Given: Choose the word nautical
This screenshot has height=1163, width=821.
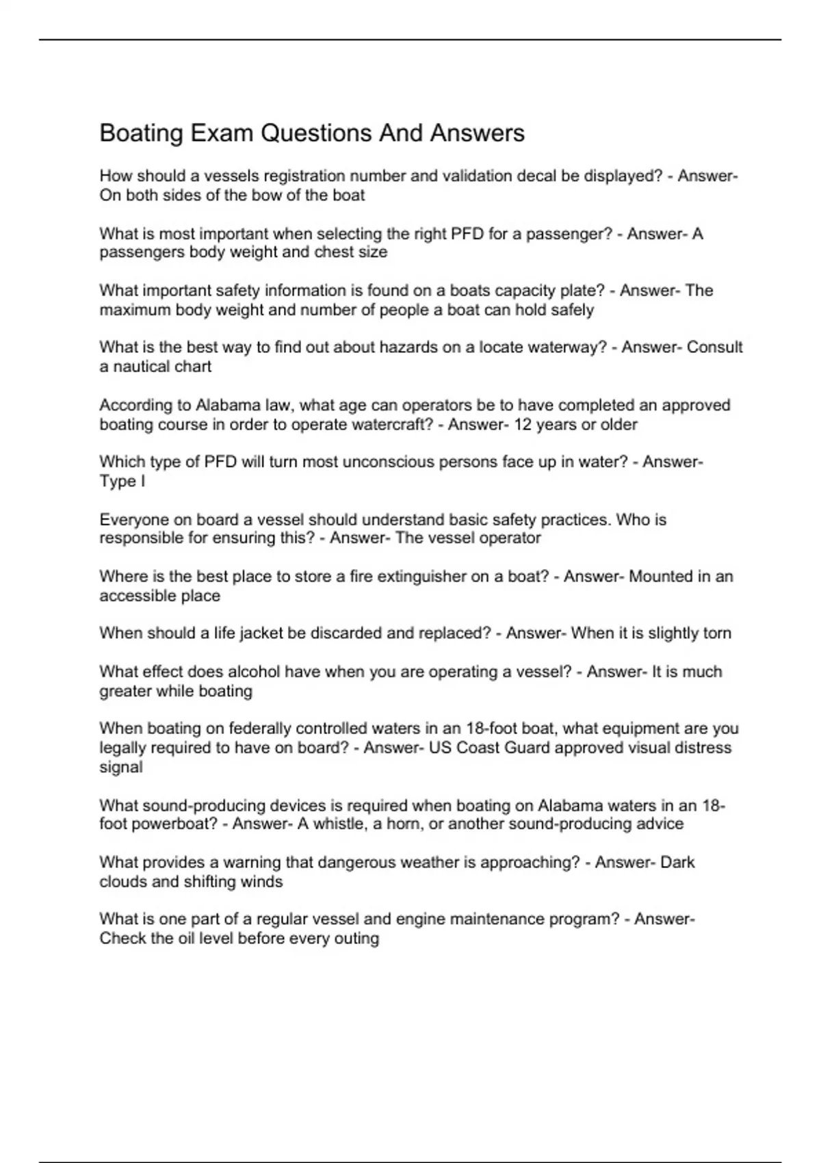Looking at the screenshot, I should (142, 367).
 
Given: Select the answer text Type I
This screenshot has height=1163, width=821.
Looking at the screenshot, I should (122, 481).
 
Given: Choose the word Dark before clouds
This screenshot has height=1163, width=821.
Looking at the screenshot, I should (677, 862).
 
